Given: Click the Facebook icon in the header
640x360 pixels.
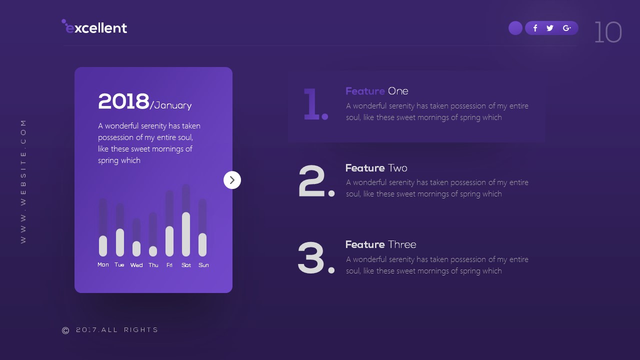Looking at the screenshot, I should coord(535,28).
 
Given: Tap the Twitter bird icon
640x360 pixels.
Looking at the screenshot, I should coord(550,28).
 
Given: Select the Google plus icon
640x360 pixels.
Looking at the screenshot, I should coord(566,28).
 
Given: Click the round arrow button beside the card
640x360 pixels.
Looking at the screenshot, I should coord(232,180).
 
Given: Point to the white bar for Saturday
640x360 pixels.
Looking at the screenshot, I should coord(186,234).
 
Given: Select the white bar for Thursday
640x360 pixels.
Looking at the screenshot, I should coord(153,251).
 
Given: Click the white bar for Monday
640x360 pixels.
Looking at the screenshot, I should coord(103,246).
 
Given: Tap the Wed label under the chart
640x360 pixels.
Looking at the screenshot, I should coord(136,265).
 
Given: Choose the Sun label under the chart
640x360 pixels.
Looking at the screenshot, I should coord(203,265).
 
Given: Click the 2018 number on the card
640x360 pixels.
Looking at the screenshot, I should coord(123,101).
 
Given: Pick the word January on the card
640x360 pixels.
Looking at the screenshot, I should coord(173,105).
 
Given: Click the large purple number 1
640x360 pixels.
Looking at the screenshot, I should coord(313,104).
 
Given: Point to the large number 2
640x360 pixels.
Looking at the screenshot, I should coord(313,181).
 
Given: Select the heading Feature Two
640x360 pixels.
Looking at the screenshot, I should coord(376,168).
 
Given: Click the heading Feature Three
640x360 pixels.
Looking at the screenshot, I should coord(380,244).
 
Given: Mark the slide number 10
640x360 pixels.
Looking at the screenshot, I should coord(607,32).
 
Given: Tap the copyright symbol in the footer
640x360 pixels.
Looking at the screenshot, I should coord(65,330).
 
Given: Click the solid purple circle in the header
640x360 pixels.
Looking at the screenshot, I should coord(515,28).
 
